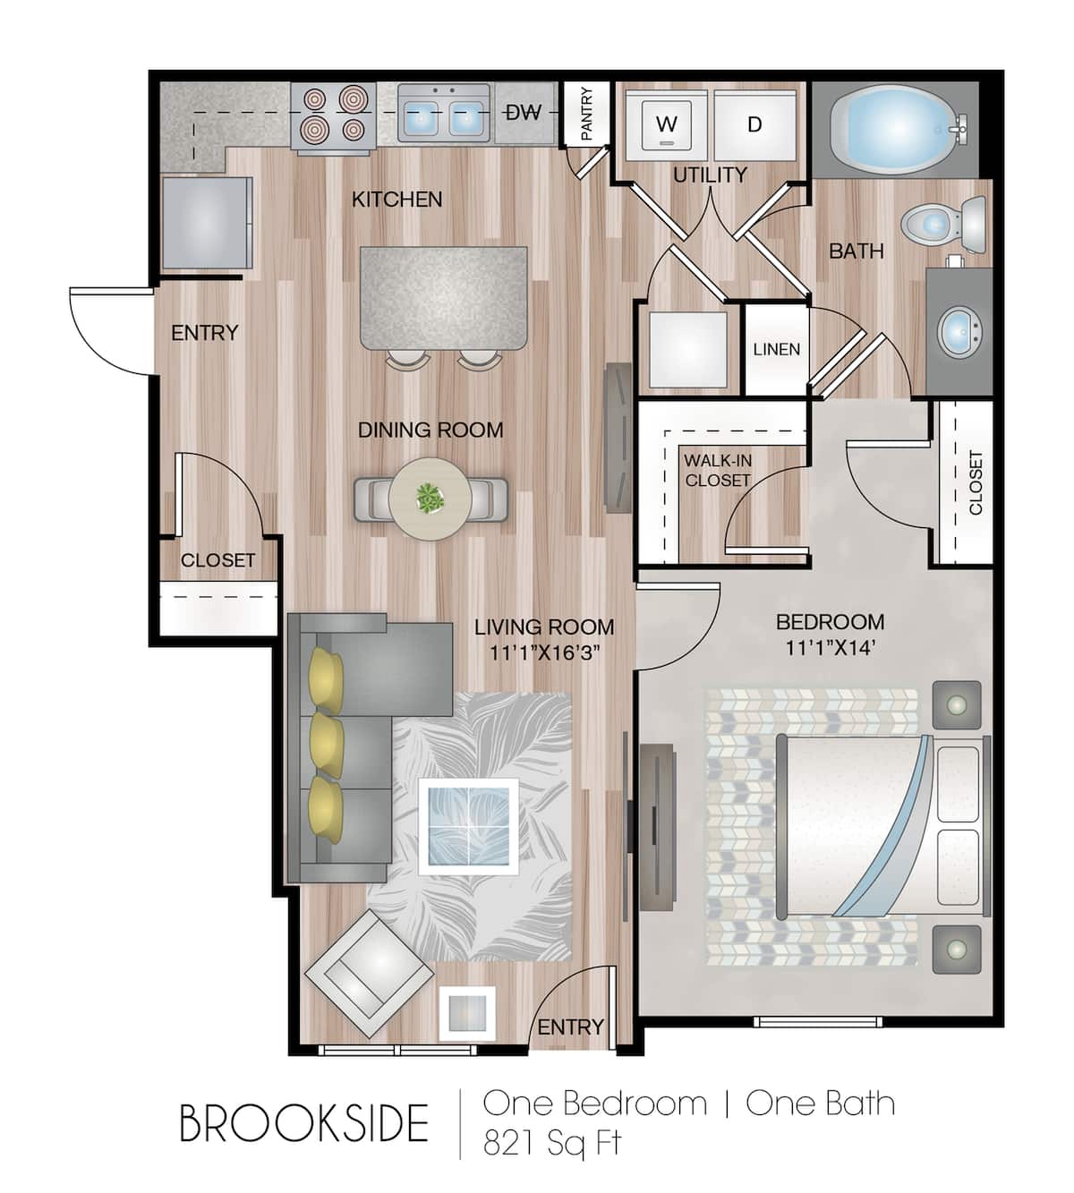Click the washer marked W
pyautogui.click(x=666, y=125)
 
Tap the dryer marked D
pyautogui.click(x=754, y=125)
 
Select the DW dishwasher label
pyautogui.click(x=524, y=113)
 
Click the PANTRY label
pyautogui.click(x=587, y=113)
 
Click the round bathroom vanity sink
pyautogui.click(x=959, y=332)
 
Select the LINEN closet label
pyautogui.click(x=777, y=349)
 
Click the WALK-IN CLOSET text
pyautogui.click(x=718, y=471)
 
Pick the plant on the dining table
pyautogui.click(x=430, y=498)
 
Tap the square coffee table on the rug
pyautogui.click(x=468, y=827)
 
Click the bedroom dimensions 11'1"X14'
pyautogui.click(x=831, y=648)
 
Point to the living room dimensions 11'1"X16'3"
pyautogui.click(x=544, y=653)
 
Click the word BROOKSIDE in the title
pyautogui.click(x=304, y=1123)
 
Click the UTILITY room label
pyautogui.click(x=710, y=175)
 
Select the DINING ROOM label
pyautogui.click(x=430, y=430)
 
